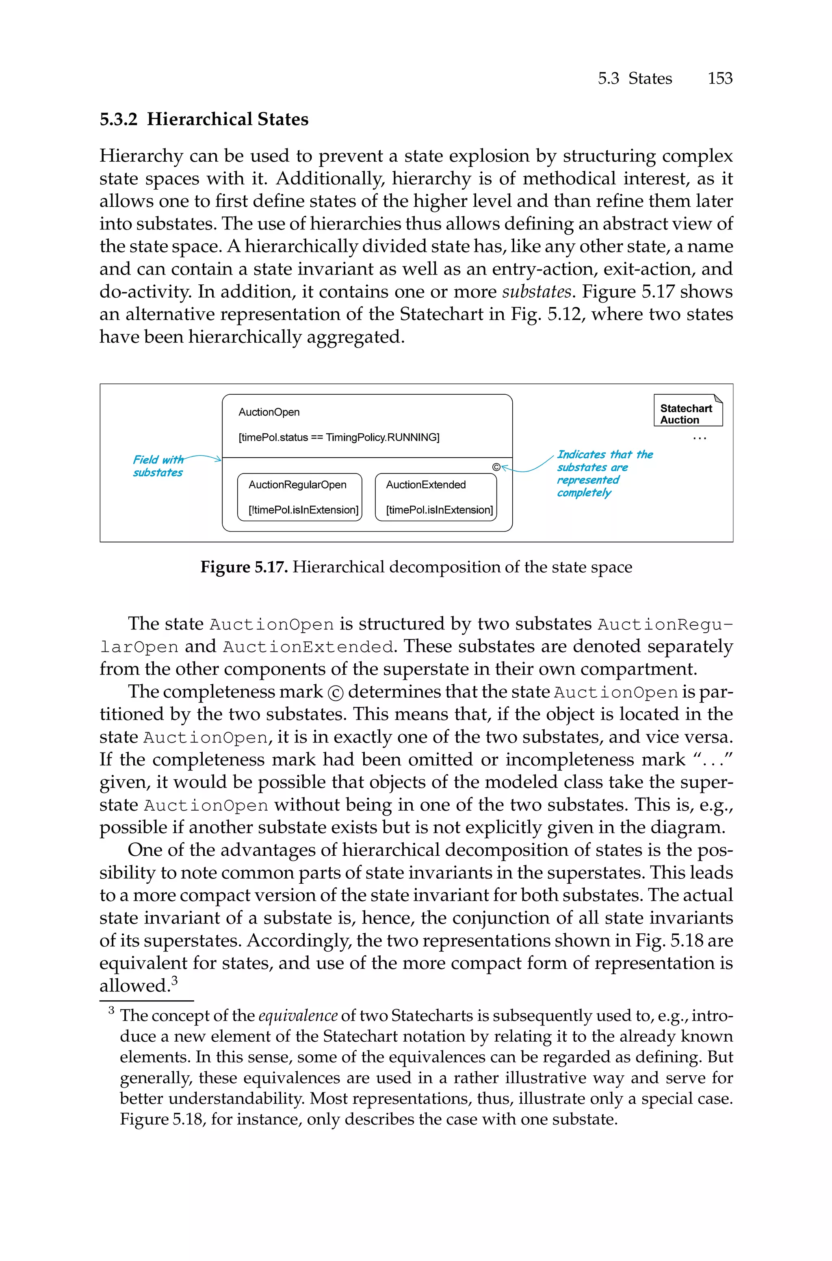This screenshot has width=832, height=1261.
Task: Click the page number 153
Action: pyautogui.click(x=719, y=78)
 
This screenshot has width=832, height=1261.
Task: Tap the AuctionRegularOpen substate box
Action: pyautogui.click(x=300, y=497)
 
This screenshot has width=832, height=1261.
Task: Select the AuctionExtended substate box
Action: pyautogui.click(x=435, y=497)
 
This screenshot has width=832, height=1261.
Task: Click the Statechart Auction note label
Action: pyautogui.click(x=686, y=413)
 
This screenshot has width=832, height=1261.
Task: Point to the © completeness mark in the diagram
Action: pyautogui.click(x=496, y=467)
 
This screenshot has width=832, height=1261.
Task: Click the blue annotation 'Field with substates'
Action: pyautogui.click(x=158, y=465)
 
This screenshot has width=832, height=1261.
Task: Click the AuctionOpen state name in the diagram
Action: pyautogui.click(x=269, y=412)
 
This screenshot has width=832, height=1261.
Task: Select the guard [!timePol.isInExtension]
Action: pyautogui.click(x=303, y=510)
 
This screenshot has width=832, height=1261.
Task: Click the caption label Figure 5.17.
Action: pyautogui.click(x=244, y=567)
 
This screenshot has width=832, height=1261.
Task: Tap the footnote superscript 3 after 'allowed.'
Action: pyautogui.click(x=175, y=980)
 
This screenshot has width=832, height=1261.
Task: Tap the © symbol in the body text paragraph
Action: pyautogui.click(x=335, y=692)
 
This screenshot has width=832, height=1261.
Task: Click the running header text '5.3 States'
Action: pyautogui.click(x=635, y=78)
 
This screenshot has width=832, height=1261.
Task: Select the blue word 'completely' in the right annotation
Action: pyautogui.click(x=584, y=493)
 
